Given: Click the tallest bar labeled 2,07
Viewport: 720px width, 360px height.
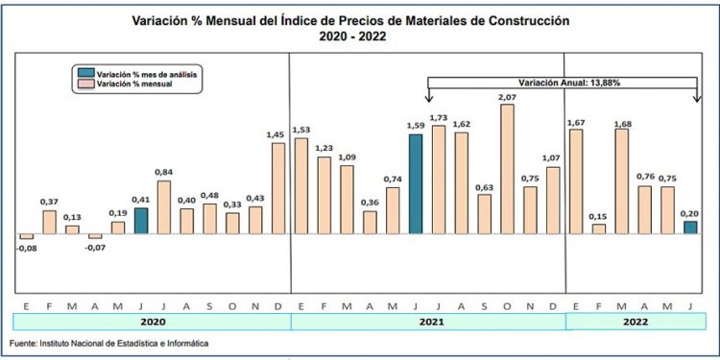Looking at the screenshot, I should point(508,169).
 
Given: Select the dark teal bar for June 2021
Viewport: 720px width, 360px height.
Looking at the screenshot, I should point(416,184).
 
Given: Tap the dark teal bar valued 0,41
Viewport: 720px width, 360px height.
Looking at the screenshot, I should point(141,222).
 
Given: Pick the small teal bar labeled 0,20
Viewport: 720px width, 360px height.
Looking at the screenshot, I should point(691,228).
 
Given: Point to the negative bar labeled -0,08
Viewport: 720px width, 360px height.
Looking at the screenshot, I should point(26,237).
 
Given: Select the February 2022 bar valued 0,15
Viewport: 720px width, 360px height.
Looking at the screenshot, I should point(599,229).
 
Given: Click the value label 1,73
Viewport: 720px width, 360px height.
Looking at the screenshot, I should point(440,117).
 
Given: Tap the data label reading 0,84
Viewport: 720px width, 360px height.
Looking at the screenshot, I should point(163,173).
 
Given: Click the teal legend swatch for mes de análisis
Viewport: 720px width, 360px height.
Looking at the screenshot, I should point(85,73).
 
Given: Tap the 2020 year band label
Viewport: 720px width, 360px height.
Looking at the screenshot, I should point(152,324).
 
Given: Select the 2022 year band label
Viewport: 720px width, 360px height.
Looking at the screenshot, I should point(634,324).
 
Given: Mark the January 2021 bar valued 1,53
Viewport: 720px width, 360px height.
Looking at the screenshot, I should point(301,187).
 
